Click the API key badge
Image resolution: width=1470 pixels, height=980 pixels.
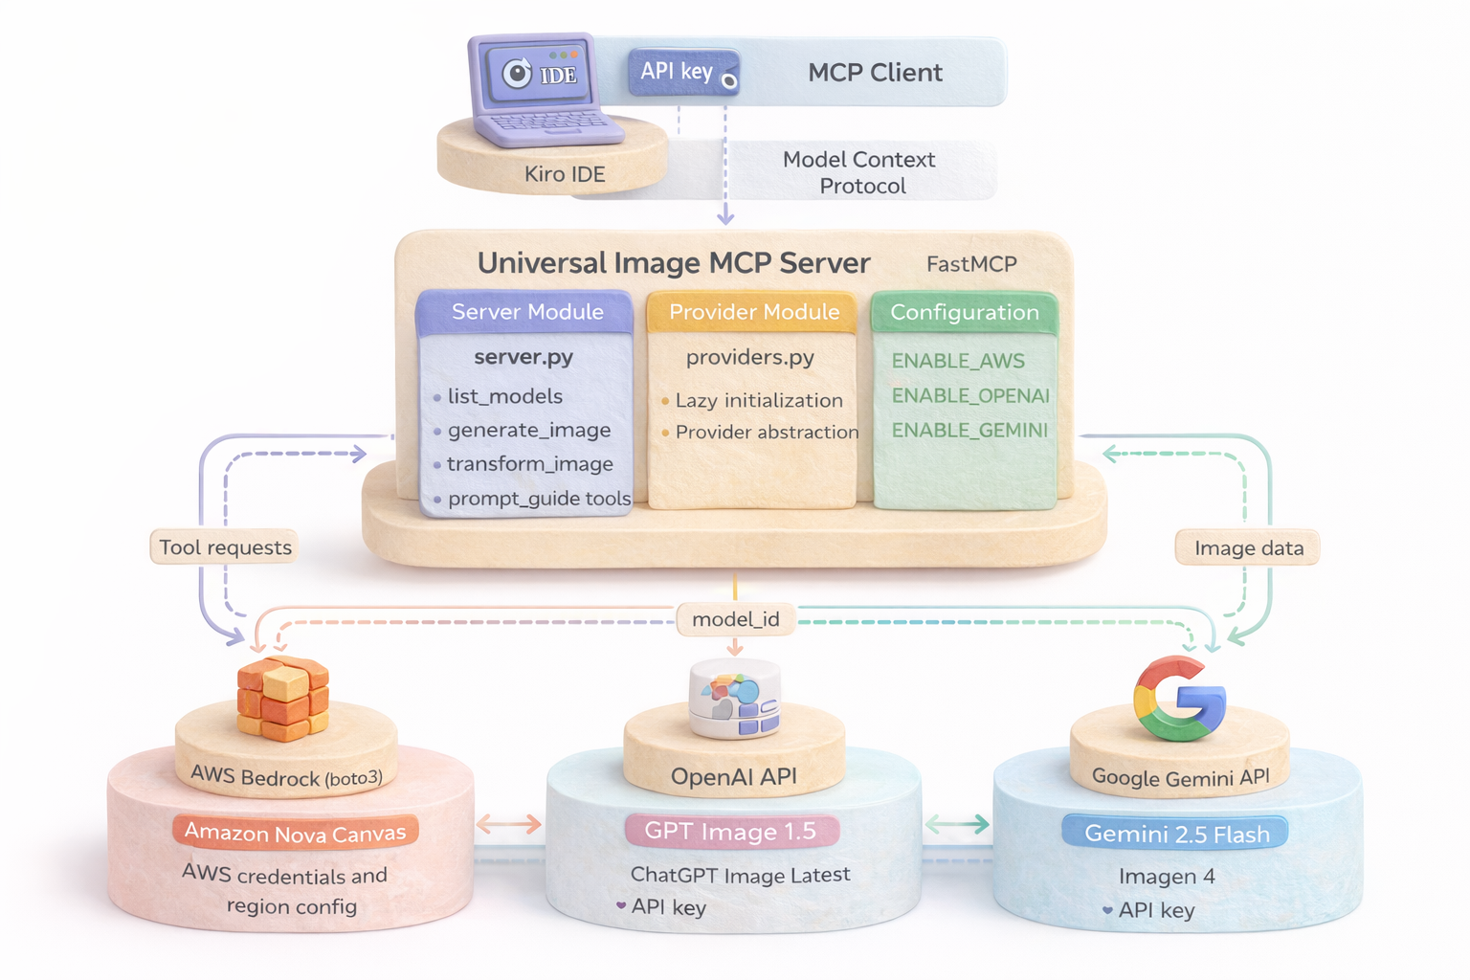pos(682,72)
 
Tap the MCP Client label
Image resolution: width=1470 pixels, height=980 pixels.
pos(875,73)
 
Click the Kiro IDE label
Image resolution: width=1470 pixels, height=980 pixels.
pos(564,174)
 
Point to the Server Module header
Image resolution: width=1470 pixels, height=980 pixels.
pos(527,312)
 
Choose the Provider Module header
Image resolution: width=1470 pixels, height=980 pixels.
pos(753,312)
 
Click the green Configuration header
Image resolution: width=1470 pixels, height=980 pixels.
pos(964,313)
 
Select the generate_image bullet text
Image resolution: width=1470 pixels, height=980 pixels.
pos(528,431)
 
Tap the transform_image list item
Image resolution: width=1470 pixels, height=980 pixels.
pos(529,464)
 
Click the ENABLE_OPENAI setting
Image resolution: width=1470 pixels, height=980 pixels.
pos(969,396)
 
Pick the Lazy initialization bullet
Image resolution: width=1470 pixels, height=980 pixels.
pos(758,401)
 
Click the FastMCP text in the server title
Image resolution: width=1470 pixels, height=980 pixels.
pos(970,264)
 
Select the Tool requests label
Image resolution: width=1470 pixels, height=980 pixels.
pos(225,547)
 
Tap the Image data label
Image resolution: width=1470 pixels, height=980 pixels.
pos(1248,548)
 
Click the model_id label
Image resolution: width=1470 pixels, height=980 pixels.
pos(735,619)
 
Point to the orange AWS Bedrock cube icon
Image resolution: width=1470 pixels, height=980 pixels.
pos(282,699)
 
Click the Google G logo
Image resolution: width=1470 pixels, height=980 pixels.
pos(1179,699)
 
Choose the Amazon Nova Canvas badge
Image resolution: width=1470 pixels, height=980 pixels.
pos(295,833)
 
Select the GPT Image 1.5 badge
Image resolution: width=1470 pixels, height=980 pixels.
pos(730,831)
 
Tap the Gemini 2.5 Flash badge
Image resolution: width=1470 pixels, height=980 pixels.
pos(1176,834)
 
